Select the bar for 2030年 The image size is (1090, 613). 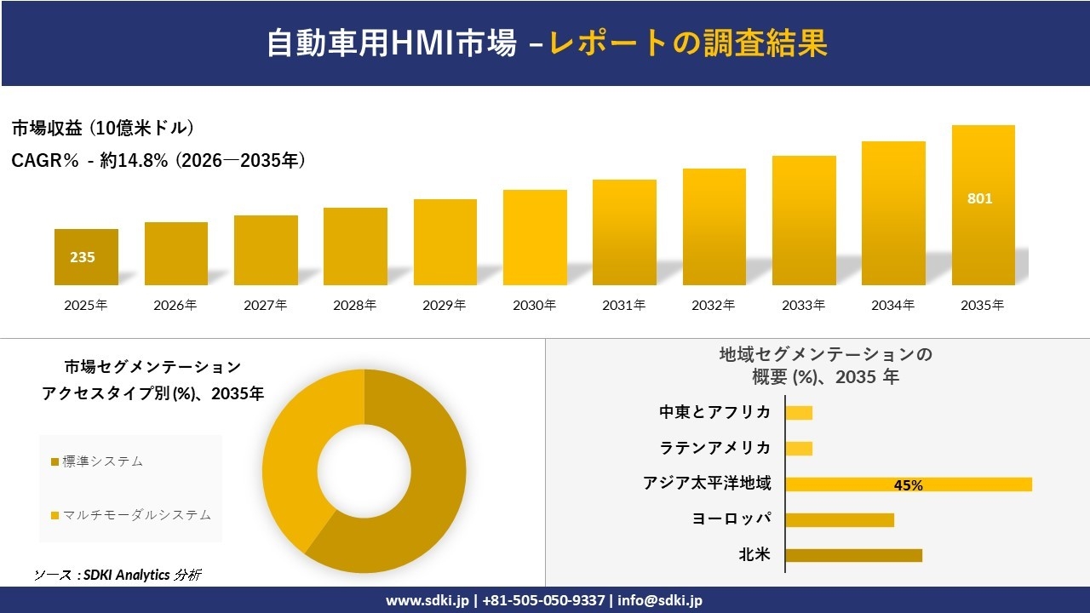coord(535,238)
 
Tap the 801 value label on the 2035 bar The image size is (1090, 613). coord(979,199)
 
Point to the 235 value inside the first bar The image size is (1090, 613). coord(83,257)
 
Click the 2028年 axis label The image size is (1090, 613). coord(354,305)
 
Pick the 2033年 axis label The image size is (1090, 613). coord(803,305)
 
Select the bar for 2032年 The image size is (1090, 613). coord(714,226)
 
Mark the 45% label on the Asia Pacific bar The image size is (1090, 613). coord(908,485)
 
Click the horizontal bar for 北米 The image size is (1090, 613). coord(853,555)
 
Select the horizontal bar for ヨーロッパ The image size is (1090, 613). coord(839,519)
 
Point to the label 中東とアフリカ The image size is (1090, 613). coord(714,412)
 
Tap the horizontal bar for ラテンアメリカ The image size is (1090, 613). coord(799,448)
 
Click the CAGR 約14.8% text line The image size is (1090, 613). coord(158,160)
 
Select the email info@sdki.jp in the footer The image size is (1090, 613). coord(660,600)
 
